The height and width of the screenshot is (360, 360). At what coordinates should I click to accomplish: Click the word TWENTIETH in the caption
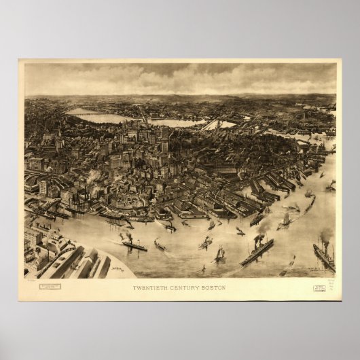[x=151, y=287]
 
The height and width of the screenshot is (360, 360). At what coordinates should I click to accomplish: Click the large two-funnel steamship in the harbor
[x=256, y=252]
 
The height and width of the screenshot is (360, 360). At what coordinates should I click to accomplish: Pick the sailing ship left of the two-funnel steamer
[x=220, y=255]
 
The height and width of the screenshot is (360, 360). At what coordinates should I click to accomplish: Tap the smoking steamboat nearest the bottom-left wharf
[x=134, y=245]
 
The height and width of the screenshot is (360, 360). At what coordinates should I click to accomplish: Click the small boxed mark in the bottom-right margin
[x=319, y=289]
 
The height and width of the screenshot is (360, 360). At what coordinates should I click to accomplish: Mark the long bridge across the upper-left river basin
[x=88, y=113]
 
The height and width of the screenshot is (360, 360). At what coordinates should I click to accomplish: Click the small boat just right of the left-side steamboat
[x=160, y=245]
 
